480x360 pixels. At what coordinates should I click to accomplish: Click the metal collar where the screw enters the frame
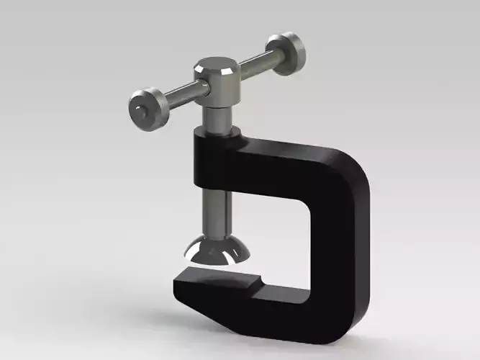tap(216, 130)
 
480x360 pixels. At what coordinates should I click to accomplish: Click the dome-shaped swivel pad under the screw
tap(217, 251)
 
